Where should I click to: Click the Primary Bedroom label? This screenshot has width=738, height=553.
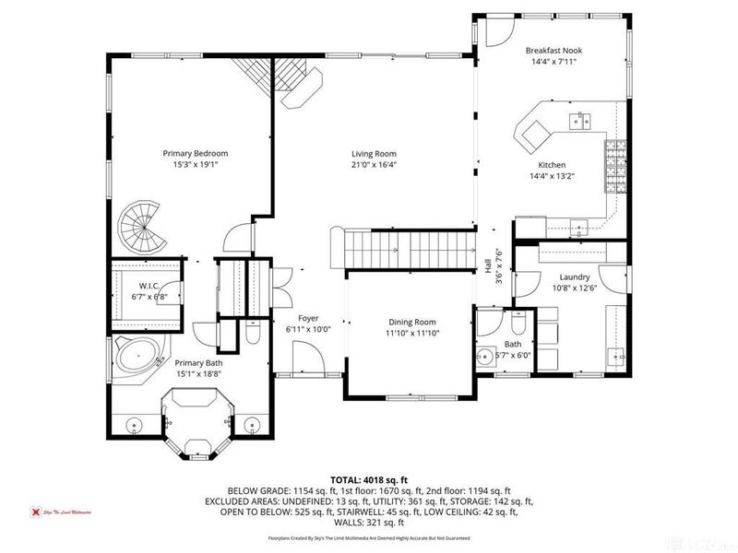coord(195,153)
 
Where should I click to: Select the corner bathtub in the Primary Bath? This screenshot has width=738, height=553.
coord(136,357)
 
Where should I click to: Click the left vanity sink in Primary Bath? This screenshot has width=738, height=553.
coord(136,425)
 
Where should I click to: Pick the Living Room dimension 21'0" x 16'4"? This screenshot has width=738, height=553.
coord(373,165)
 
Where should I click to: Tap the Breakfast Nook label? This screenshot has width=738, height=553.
coord(553,50)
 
